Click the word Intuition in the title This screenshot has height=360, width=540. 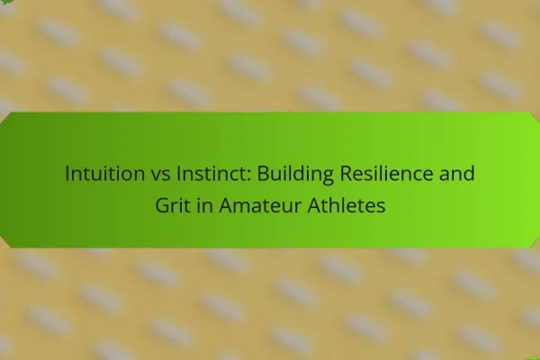(105, 173)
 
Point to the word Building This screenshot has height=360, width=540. (295, 175)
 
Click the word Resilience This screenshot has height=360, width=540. (386, 173)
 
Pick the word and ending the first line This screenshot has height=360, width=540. (456, 173)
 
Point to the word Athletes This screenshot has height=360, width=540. (346, 205)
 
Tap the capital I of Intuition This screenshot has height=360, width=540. (67, 174)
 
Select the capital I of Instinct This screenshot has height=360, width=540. (178, 174)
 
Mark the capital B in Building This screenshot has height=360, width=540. (263, 174)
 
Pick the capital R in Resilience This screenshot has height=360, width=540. (346, 174)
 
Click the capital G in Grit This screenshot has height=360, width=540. (163, 206)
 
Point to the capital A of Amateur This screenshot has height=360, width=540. (226, 206)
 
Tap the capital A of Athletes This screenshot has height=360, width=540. (315, 206)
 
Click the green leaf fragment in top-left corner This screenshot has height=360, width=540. (5, 3)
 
